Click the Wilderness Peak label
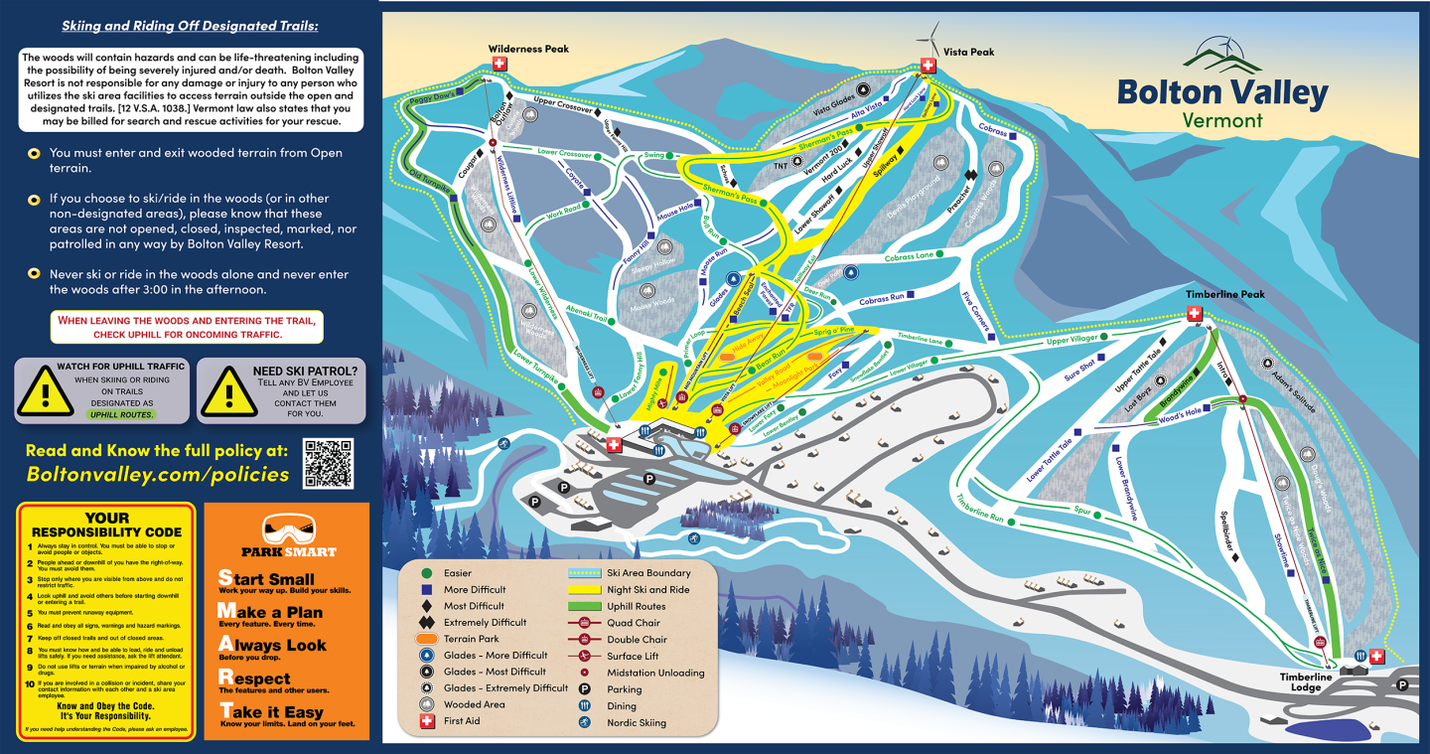(528, 49)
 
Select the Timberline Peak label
(1224, 295)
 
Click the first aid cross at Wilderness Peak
(500, 64)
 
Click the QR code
(328, 463)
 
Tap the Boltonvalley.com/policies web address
(158, 475)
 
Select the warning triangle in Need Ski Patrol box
(227, 390)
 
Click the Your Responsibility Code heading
(106, 525)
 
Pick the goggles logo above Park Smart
(288, 528)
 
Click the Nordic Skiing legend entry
(636, 722)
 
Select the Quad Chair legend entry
(634, 623)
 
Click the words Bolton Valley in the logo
(1222, 92)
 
